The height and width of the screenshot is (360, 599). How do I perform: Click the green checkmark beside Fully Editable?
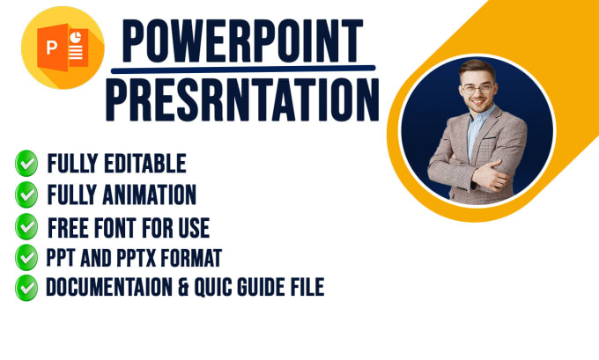[x=26, y=164]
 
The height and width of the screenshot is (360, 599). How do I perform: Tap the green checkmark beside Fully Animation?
[x=26, y=195]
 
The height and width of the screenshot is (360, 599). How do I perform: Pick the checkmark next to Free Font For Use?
[x=26, y=226]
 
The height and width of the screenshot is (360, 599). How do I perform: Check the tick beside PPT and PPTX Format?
[x=26, y=258]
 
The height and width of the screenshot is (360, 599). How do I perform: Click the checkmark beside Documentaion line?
[x=26, y=287]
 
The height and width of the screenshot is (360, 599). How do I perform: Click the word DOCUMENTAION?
[x=112, y=288]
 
